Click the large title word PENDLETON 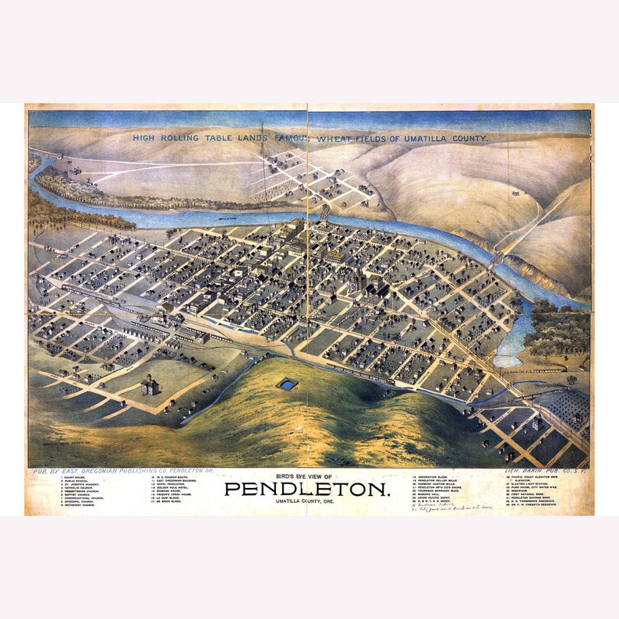click(307, 489)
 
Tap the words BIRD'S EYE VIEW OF click(306, 476)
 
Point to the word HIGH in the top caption click(144, 138)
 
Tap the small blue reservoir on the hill click(288, 384)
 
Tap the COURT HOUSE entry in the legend click(73, 477)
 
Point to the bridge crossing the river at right click(496, 257)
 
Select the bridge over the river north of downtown click(324, 211)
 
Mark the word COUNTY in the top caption click(466, 138)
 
